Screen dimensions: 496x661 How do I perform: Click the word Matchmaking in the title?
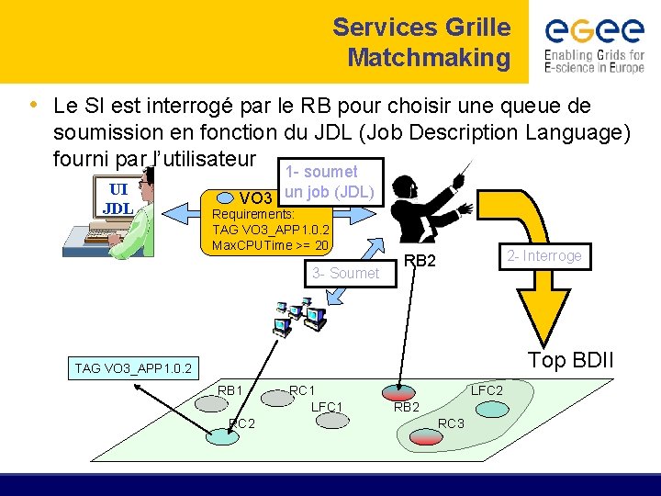click(429, 58)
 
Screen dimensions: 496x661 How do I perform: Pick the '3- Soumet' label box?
click(344, 273)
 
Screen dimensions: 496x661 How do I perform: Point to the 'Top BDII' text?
click(570, 360)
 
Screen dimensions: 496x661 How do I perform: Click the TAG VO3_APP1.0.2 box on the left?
click(134, 368)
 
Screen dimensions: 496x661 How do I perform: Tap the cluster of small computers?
click(300, 315)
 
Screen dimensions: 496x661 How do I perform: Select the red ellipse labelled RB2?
click(398, 393)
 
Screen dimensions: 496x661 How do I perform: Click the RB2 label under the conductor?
click(420, 261)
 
